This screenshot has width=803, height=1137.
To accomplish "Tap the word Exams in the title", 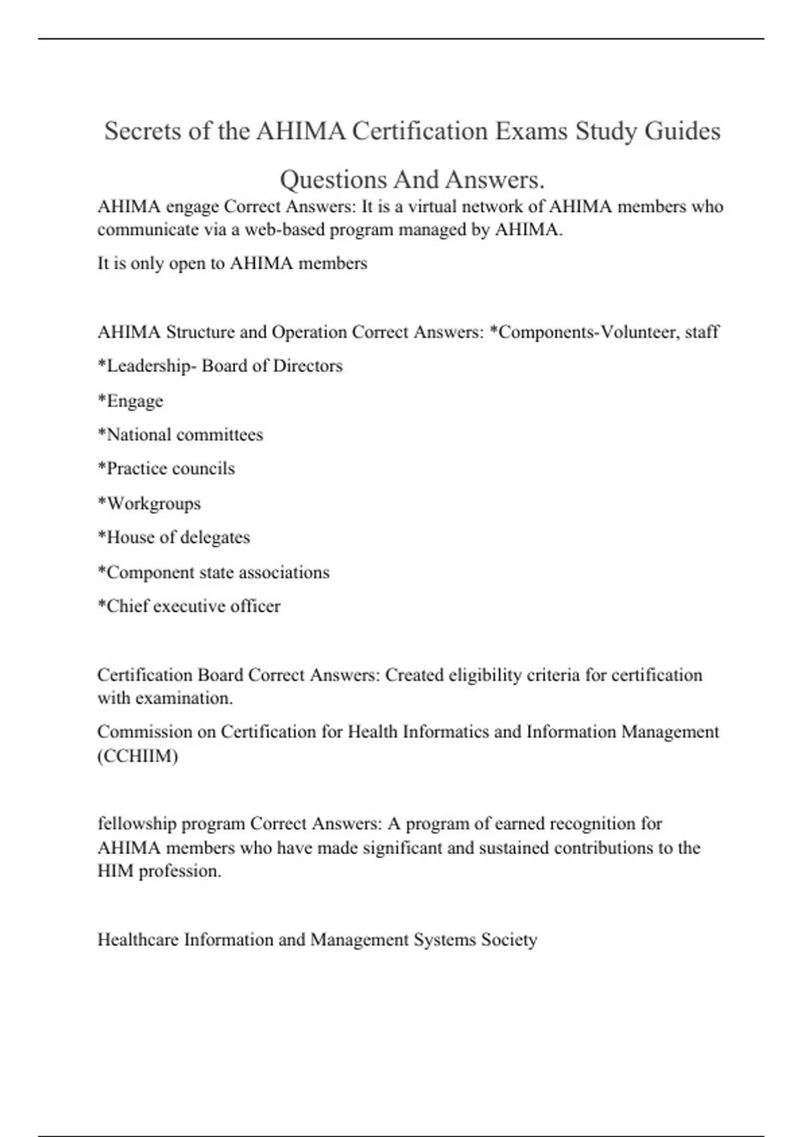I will pos(532,131).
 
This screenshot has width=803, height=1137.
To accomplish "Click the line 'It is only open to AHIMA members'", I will pos(232,264).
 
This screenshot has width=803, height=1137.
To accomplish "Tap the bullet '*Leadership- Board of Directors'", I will pos(220,366).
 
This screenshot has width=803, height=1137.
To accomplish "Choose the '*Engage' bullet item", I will pos(130,401).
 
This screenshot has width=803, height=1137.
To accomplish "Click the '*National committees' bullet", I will pos(181,435).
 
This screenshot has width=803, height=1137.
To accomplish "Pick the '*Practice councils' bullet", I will pos(167,468).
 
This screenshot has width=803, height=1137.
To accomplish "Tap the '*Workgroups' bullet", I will pos(149,504).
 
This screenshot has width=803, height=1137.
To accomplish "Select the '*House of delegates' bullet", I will pos(174,538).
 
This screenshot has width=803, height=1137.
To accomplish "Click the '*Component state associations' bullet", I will pos(213,573).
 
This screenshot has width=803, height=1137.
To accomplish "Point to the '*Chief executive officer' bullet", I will pos(189,607).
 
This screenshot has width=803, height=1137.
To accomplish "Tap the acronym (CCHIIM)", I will pos(138,756).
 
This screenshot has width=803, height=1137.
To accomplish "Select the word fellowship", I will pos(137,824).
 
